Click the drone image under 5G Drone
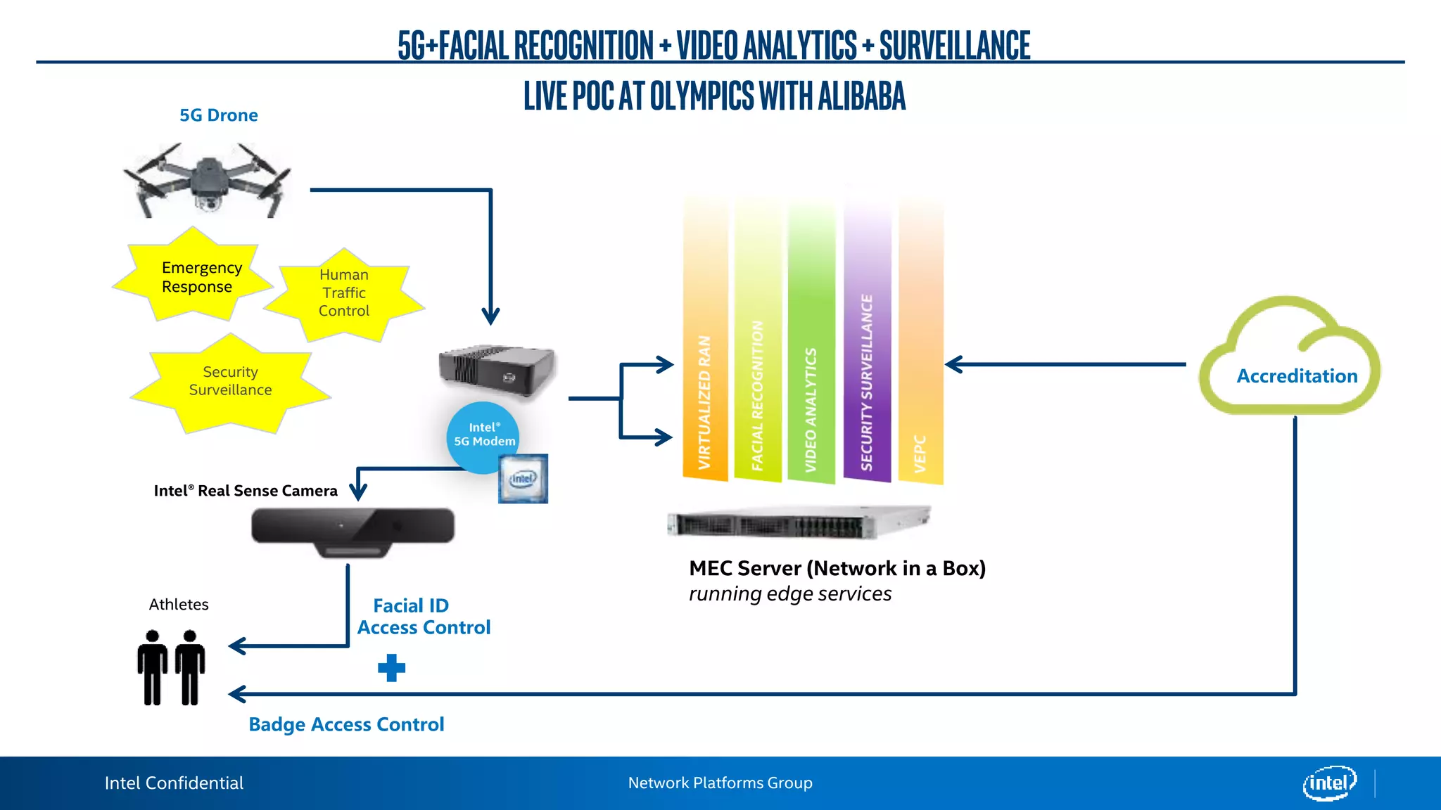[208, 179]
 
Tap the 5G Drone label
[218, 115]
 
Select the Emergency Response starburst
[193, 277]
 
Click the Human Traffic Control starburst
[344, 293]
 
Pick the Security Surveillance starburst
[230, 381]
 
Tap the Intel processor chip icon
[523, 479]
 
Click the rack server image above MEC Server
[798, 522]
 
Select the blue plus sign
[391, 668]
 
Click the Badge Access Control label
[346, 724]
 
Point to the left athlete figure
[153, 667]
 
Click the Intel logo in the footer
[1328, 783]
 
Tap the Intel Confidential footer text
[174, 783]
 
